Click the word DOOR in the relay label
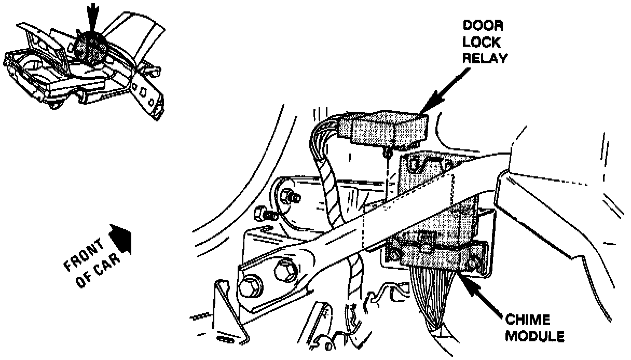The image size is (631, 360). (x=483, y=26)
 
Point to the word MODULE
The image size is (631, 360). (x=535, y=336)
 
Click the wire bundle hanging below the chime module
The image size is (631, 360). (x=433, y=301)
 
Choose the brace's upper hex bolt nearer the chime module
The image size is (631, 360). (x=284, y=270)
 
